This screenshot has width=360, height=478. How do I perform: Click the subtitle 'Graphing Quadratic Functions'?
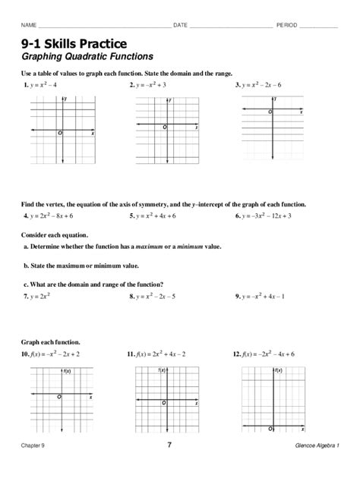tap(87, 57)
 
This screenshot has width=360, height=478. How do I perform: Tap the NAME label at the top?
tap(30, 25)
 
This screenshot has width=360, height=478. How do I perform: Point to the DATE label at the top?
tap(180, 25)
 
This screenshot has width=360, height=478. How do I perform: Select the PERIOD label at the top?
tap(287, 25)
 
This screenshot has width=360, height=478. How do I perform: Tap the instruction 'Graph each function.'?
tap(51, 342)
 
